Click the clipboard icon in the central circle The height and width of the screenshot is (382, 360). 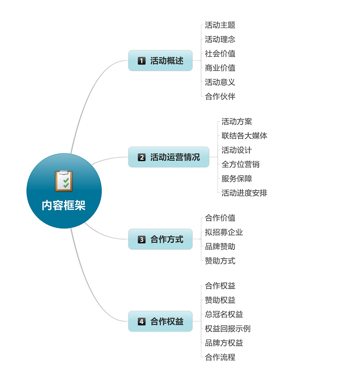pyautogui.click(x=64, y=181)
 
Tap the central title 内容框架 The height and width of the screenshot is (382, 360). pyautogui.click(x=64, y=206)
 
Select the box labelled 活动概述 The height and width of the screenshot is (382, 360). pyautogui.click(x=160, y=61)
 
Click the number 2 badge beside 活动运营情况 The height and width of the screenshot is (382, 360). pyautogui.click(x=142, y=157)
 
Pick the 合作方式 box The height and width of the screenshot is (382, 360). pyautogui.click(x=160, y=239)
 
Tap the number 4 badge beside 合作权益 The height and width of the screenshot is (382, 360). pyautogui.click(x=142, y=321)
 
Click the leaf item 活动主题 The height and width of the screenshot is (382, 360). pyautogui.click(x=220, y=25)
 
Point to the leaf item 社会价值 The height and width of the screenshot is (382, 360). pyautogui.click(x=220, y=53)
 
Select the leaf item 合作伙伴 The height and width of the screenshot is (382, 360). pyautogui.click(x=220, y=96)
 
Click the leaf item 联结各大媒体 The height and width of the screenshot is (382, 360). pyautogui.click(x=244, y=136)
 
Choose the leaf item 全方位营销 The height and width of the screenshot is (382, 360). pyautogui.click(x=240, y=164)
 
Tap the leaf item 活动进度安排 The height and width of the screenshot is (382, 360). pyautogui.click(x=244, y=193)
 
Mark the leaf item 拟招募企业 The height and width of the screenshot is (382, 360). pyautogui.click(x=224, y=232)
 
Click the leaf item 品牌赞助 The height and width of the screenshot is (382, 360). pyautogui.click(x=220, y=246)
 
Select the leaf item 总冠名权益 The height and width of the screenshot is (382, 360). pyautogui.click(x=224, y=314)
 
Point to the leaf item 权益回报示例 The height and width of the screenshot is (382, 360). pyautogui.click(x=227, y=329)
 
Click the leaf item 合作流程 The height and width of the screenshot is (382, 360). pyautogui.click(x=220, y=357)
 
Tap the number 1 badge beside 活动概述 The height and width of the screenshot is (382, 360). pyautogui.click(x=142, y=61)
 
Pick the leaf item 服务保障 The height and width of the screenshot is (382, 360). pyautogui.click(x=237, y=178)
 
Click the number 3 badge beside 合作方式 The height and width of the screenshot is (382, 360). pyautogui.click(x=142, y=239)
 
